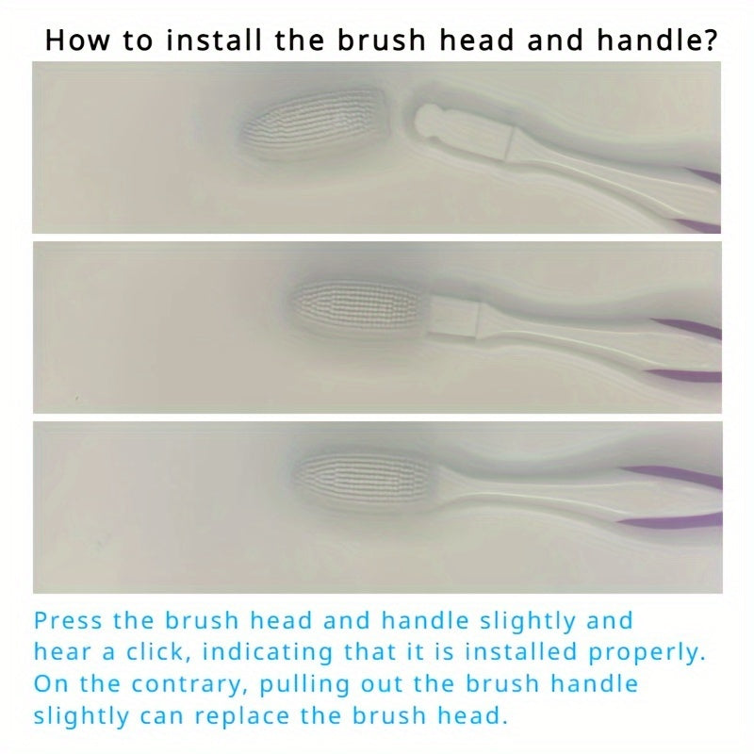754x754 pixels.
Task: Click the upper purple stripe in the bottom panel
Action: (x=674, y=476)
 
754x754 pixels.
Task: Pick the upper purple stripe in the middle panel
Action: (x=688, y=328)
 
